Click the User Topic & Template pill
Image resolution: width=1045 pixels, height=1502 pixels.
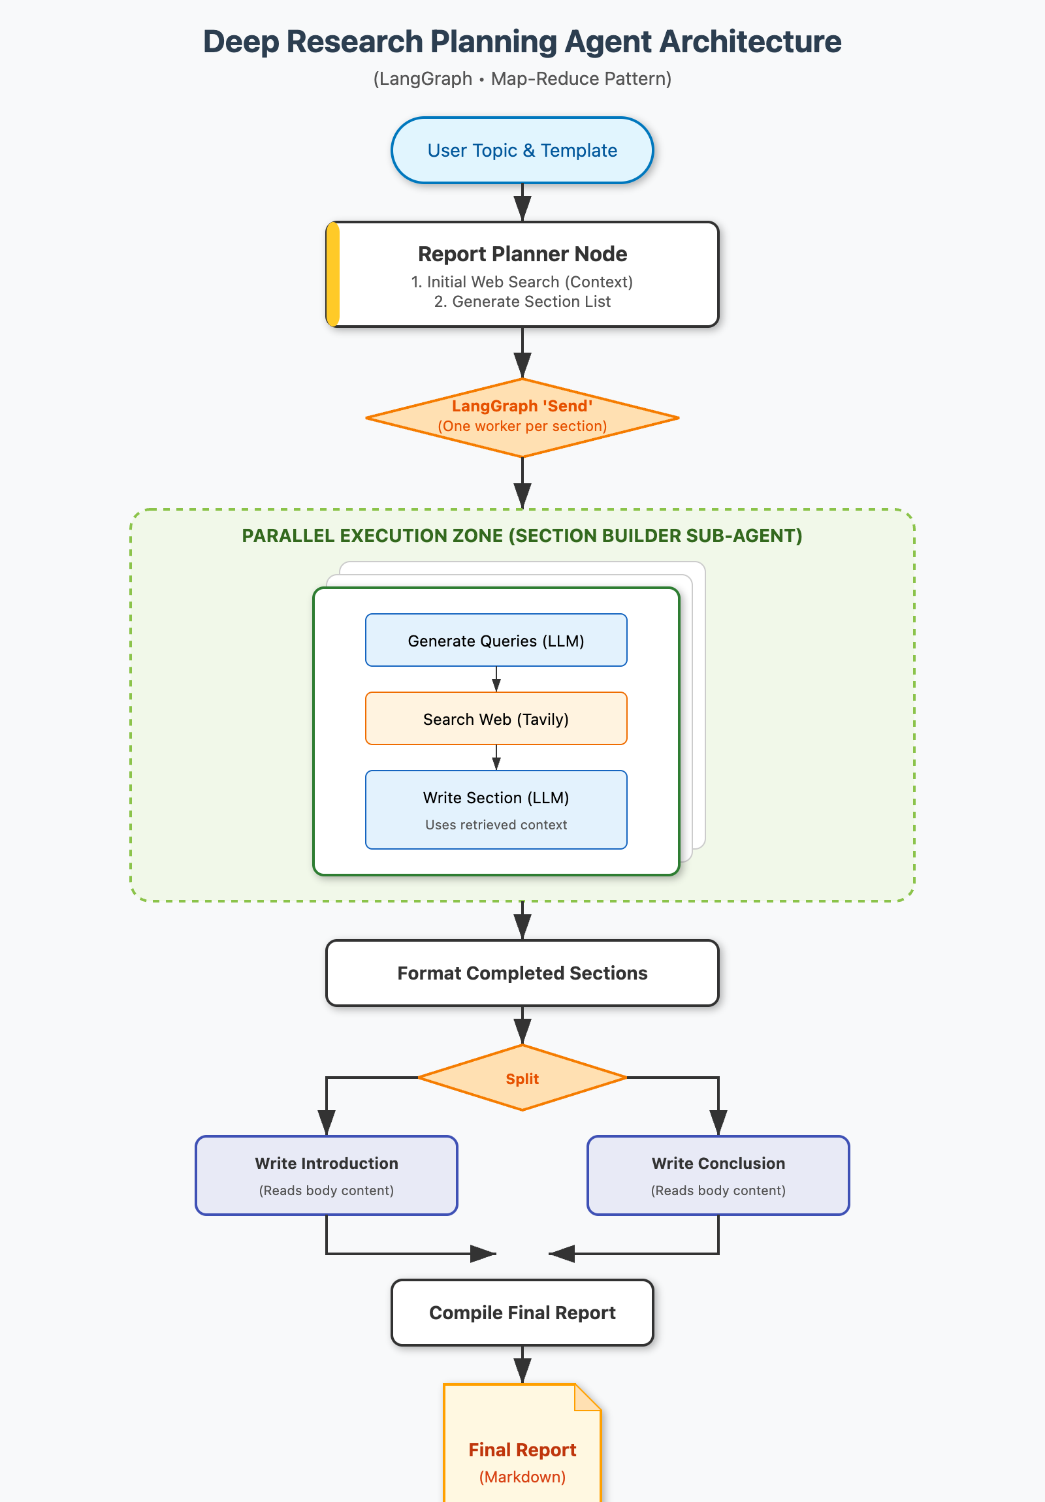pos(521,150)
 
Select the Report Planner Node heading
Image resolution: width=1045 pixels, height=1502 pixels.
pos(521,254)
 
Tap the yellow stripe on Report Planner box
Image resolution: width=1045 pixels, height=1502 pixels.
pos(333,274)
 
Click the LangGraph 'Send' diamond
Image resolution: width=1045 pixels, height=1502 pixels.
pos(521,417)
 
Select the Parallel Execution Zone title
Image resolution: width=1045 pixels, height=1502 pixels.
pos(521,535)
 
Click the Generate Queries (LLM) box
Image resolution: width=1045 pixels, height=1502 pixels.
pos(495,641)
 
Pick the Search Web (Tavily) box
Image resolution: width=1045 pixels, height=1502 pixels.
pos(495,719)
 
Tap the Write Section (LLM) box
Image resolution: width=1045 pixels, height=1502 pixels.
pos(495,809)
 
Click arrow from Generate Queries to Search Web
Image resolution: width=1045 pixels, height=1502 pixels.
pos(496,680)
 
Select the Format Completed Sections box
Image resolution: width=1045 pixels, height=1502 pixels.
pos(521,973)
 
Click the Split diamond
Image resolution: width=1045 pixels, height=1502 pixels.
pos(521,1078)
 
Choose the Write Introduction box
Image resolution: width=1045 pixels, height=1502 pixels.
pos(326,1175)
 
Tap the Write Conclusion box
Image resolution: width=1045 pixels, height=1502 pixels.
pos(718,1175)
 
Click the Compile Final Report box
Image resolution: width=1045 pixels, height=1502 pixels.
pos(521,1312)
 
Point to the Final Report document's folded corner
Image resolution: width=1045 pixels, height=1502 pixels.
pos(587,1398)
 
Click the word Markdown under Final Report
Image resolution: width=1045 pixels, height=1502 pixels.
pos(521,1477)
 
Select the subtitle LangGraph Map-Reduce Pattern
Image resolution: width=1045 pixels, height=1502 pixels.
pos(521,79)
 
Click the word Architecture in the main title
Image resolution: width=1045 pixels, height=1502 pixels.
pos(750,42)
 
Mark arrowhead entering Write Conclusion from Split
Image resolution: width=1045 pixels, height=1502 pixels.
pos(718,1123)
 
